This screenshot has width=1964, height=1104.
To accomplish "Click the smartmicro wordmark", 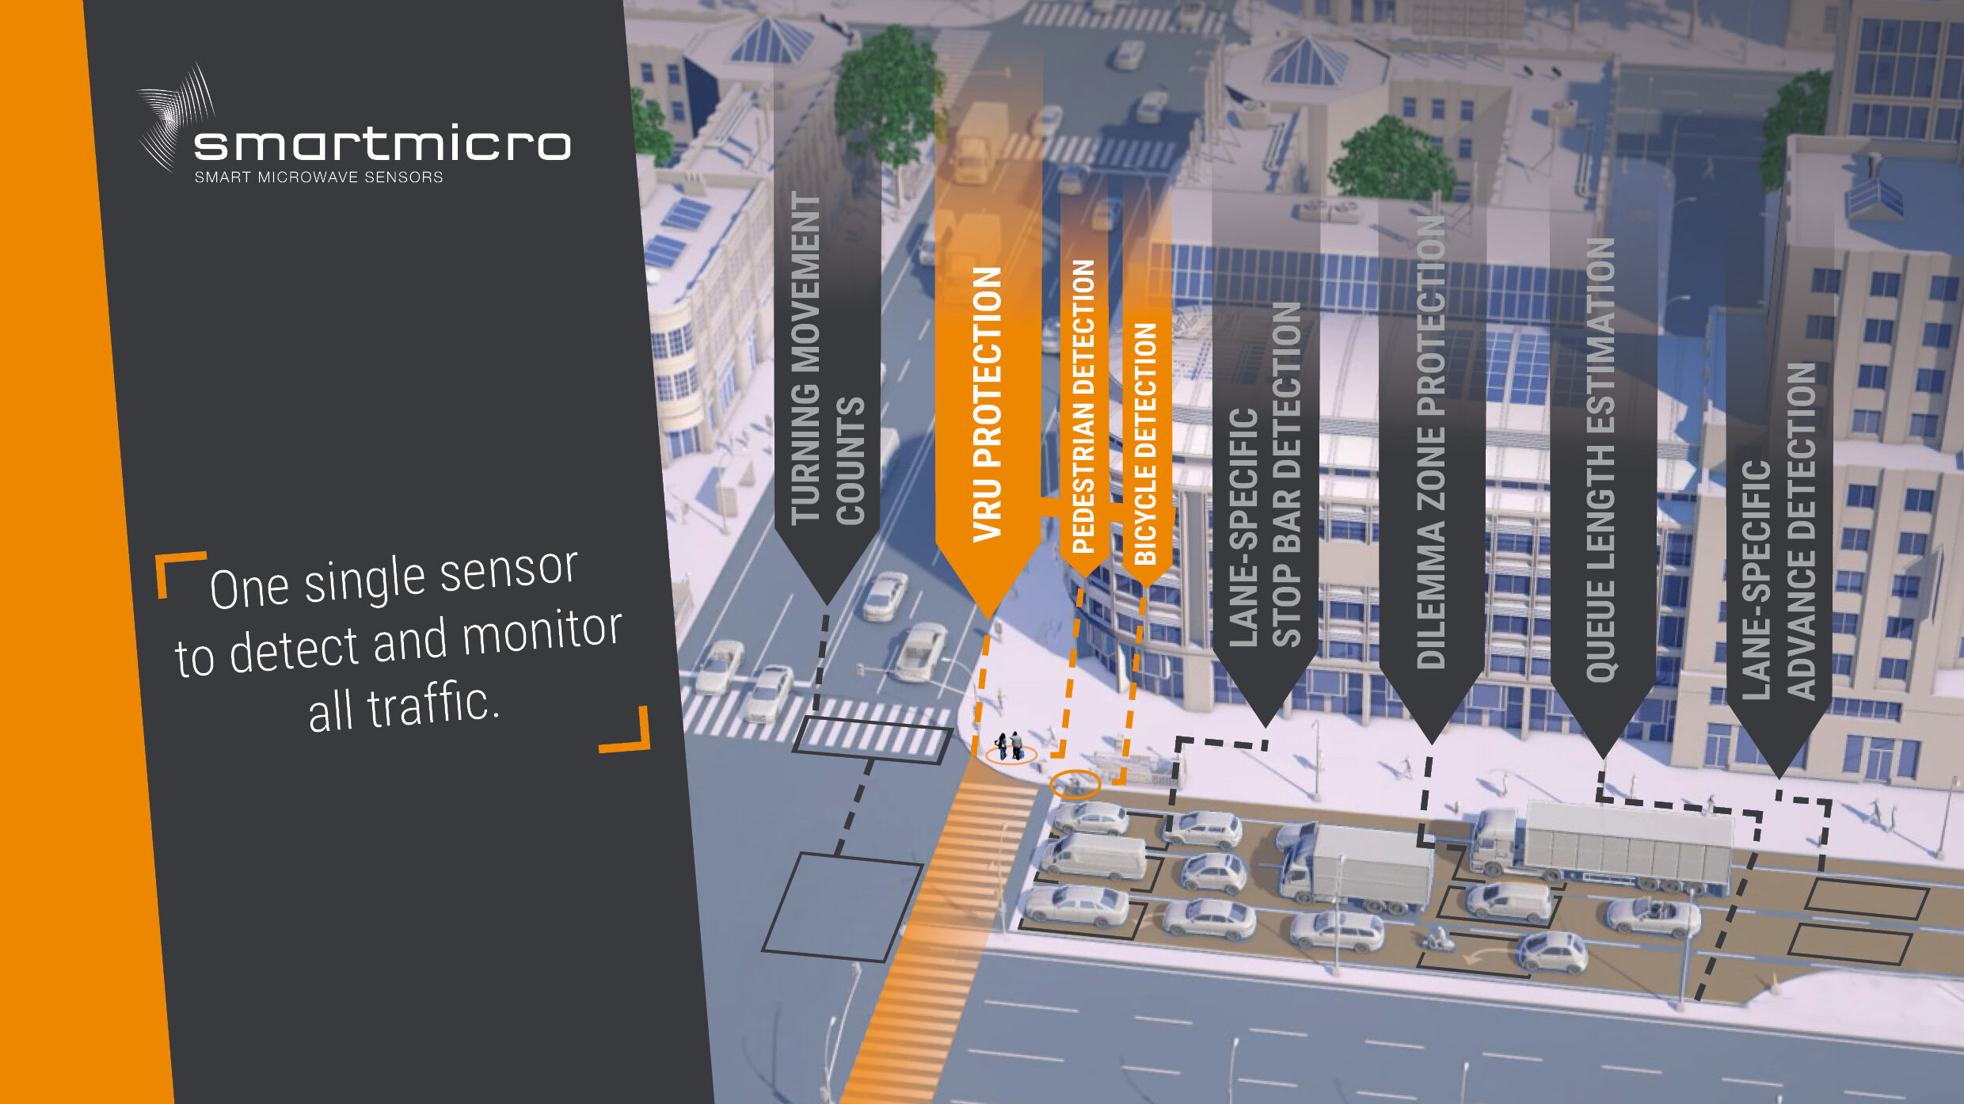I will point(382,143).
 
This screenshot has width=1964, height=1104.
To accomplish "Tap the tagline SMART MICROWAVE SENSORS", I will point(318,177).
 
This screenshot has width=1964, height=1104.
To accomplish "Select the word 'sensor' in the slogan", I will point(508,570).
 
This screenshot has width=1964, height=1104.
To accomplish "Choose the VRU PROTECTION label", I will point(987,404).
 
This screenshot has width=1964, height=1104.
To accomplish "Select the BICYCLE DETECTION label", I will point(1145,444).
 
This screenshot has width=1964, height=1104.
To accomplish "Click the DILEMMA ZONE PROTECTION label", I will point(1430,444).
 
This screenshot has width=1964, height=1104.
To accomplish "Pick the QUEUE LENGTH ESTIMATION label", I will point(1601,459).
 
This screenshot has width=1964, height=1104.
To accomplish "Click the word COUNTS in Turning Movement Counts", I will point(851,460).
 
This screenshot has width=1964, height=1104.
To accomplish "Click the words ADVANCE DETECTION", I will point(1801,531).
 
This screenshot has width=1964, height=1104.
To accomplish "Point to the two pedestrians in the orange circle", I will point(1009,746).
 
